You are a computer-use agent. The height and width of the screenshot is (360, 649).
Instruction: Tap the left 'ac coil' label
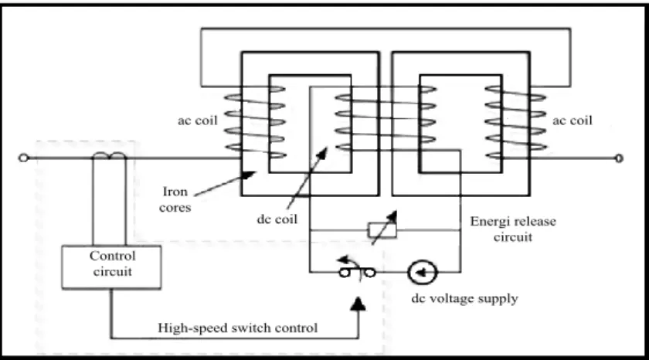198,121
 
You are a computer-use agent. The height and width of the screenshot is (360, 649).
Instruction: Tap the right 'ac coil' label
573,121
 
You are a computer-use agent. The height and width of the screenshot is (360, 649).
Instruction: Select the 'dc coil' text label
277,219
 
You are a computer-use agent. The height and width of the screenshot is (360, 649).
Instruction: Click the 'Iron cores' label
175,199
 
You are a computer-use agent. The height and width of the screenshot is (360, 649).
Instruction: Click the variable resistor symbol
382,229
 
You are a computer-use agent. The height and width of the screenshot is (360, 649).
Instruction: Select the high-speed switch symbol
357,272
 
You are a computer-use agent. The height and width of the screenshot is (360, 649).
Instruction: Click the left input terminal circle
24,158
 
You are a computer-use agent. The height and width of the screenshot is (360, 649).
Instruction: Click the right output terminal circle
619,158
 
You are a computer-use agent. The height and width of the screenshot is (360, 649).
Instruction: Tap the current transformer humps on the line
109,155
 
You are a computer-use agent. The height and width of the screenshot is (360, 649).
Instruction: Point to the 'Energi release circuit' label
513,229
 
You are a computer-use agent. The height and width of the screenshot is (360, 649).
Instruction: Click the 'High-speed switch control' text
238,328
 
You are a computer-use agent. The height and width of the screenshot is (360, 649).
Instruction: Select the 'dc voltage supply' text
464,299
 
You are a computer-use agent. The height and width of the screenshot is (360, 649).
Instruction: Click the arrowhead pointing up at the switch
358,304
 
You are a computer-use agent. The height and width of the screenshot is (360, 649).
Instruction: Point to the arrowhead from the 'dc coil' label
322,152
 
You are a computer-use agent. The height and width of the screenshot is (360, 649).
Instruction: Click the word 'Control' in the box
113,256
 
